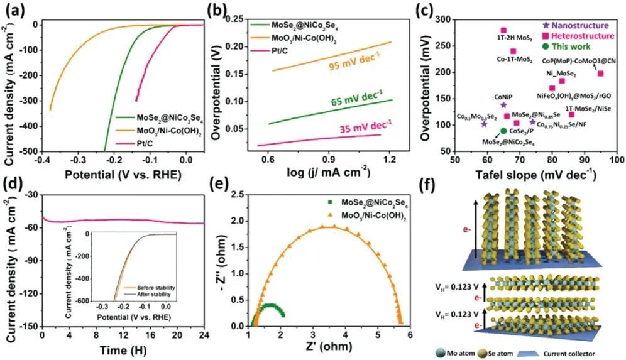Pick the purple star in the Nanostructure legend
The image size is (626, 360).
546,25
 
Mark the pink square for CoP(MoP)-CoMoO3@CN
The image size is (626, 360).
600,74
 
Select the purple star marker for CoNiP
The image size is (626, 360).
503,106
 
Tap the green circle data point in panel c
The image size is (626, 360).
503,131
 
